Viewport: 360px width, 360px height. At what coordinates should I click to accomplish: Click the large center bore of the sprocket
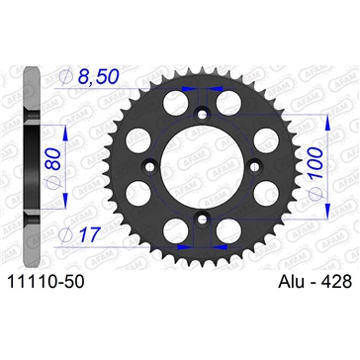tap(202, 161)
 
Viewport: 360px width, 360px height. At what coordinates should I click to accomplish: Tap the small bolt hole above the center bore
tap(203, 114)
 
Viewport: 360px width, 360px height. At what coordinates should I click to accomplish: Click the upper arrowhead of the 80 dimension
tap(62, 129)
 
